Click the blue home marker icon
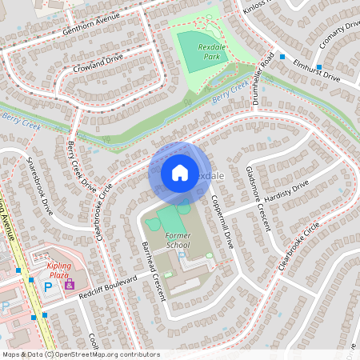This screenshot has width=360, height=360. coord(179,172)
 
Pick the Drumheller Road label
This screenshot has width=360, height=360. coord(269,76)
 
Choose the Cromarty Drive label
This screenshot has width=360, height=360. coord(339,36)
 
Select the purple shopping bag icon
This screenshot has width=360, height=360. coord(69,284)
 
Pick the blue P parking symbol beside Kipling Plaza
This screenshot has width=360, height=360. coord(48,286)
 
